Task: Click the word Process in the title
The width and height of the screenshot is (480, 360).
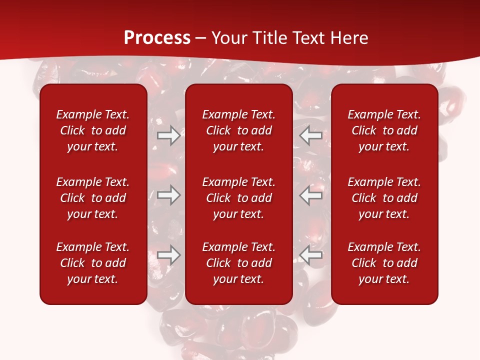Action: [157, 38]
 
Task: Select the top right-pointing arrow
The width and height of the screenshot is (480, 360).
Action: [168, 135]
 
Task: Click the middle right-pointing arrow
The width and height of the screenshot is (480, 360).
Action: [168, 195]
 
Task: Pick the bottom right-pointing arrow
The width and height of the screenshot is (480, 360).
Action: [168, 255]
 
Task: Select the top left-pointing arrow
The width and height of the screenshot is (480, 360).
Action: [311, 135]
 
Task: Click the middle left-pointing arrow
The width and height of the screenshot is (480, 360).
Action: [311, 195]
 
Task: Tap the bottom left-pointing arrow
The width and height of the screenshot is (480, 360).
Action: [311, 255]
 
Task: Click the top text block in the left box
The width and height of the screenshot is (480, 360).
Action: [93, 130]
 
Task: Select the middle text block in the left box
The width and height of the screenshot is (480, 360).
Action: [93, 198]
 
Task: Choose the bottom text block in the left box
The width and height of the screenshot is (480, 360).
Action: [93, 263]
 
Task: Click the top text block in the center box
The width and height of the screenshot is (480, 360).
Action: [238, 130]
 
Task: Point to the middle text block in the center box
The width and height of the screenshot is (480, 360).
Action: [238, 198]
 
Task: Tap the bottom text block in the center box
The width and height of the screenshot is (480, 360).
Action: [238, 263]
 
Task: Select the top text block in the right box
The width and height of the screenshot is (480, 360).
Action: [384, 130]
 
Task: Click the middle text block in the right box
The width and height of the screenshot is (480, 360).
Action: [384, 198]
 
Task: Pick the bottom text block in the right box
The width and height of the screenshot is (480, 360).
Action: [384, 263]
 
